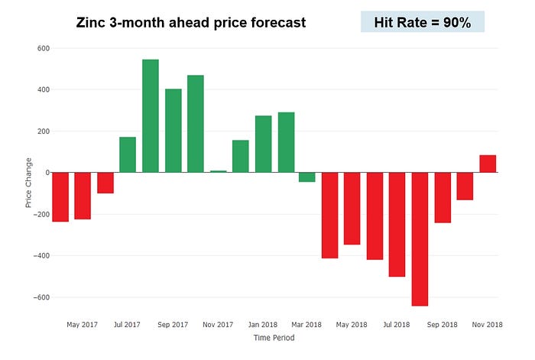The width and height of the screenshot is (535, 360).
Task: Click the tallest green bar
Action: click(151, 115)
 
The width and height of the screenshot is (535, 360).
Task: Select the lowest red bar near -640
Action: click(420, 238)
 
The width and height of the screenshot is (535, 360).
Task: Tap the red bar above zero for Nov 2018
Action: click(488, 164)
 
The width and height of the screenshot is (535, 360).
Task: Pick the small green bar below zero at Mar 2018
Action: click(307, 177)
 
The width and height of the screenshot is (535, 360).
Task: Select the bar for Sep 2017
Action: click(173, 131)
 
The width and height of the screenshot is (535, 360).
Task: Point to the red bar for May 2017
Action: click(83, 196)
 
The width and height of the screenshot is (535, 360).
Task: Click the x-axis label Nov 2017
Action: click(218, 325)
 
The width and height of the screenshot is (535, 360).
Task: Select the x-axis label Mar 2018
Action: click(307, 325)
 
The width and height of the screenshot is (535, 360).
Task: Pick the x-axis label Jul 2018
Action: click(397, 325)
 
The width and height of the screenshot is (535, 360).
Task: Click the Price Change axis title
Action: click(29, 183)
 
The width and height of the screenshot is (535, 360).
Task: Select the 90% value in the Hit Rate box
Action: click(456, 22)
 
